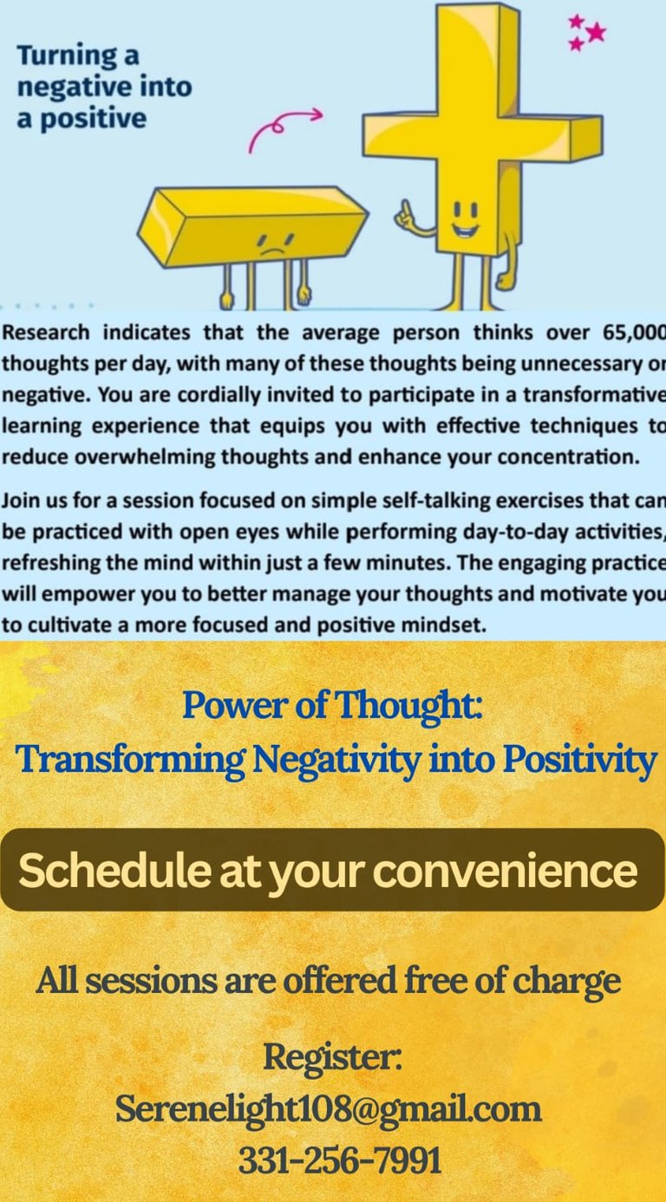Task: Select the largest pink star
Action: pos(596,33)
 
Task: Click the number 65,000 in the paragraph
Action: pos(634,333)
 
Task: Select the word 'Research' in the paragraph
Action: pos(46,333)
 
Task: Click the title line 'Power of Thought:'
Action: pos(333,706)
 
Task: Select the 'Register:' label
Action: pos(333,1058)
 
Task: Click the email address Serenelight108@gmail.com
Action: pos(329,1109)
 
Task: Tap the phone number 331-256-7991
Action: pos(340,1160)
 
